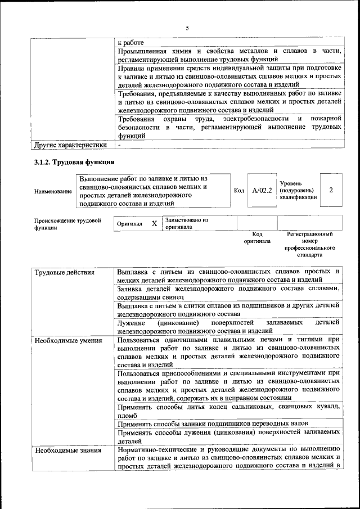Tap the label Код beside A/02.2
238,190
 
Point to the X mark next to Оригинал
154,223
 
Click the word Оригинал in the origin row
129,223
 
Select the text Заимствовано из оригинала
186,223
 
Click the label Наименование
53,191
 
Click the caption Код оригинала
257,237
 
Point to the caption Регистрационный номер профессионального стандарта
309,244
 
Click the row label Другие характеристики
70,145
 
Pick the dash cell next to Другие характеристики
119,145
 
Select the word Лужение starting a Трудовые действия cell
132,322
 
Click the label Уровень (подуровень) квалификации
298,190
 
